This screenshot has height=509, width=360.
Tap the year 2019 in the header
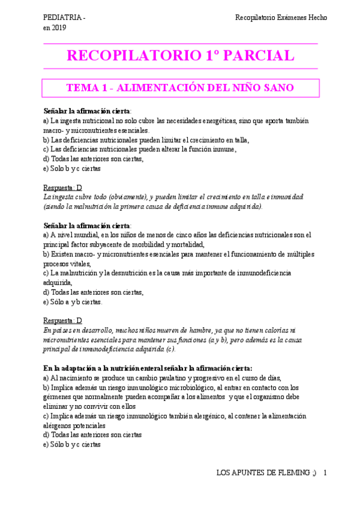click(x=59, y=28)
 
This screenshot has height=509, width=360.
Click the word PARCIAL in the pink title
click(x=259, y=56)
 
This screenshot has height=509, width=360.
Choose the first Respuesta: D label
click(x=63, y=188)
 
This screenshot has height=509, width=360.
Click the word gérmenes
click(x=58, y=397)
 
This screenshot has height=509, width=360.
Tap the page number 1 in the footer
click(x=325, y=474)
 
